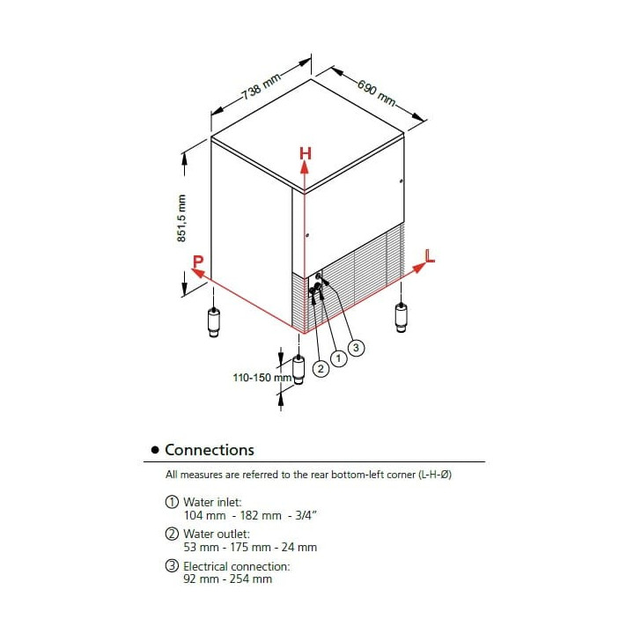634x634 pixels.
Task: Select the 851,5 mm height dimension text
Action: tap(182, 218)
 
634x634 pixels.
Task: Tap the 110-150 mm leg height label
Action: tap(262, 378)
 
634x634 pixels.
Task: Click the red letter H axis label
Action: tap(305, 153)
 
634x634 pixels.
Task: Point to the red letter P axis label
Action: tap(198, 262)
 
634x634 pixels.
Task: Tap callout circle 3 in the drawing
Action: tap(356, 348)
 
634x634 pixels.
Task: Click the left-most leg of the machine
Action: tap(214, 321)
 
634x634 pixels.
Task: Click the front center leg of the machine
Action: tap(299, 369)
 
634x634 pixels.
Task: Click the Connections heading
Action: tap(210, 450)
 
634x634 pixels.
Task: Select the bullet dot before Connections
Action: tap(155, 451)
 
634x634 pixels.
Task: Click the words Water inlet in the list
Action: tap(212, 502)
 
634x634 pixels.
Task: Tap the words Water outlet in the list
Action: tap(216, 534)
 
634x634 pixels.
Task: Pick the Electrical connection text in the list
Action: tap(236, 566)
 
